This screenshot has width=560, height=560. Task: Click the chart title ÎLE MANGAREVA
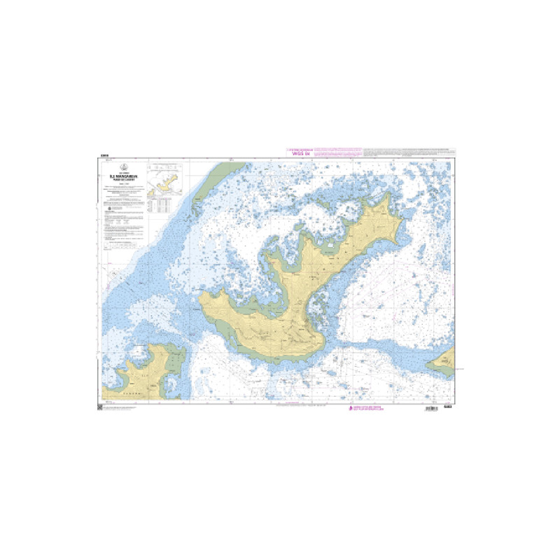pos(122,176)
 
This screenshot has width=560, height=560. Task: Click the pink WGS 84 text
pos(302,153)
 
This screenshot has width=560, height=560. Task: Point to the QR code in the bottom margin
pos(100,407)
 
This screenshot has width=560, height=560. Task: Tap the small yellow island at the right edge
pos(443,362)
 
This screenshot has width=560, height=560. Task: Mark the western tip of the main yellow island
pos(200,300)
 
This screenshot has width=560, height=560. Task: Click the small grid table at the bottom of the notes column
pos(123,246)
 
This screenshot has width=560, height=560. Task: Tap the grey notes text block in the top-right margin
pos(413,151)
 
